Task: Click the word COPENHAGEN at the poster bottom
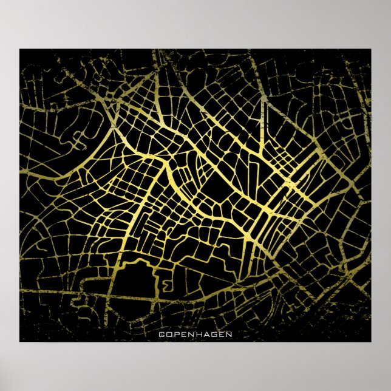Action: coord(195,334)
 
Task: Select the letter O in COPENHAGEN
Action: coord(168,334)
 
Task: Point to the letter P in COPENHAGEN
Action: coord(175,334)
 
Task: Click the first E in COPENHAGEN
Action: coord(182,334)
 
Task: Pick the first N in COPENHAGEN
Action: coord(188,334)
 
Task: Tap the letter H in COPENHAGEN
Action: coord(195,334)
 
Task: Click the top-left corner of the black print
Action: coord(20,50)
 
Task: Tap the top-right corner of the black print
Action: coord(370,50)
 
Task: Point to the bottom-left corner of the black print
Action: coord(20,341)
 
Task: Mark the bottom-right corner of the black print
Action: coord(370,341)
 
